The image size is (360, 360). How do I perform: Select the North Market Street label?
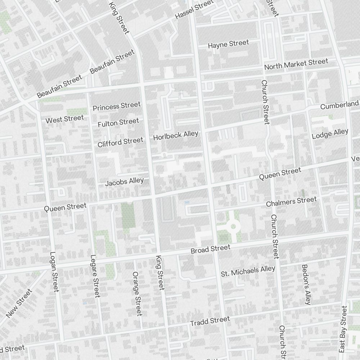(x=296, y=64)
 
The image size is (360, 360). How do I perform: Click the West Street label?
(x=64, y=118)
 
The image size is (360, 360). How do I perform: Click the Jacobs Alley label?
(x=124, y=182)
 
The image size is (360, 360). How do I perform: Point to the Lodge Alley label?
(x=330, y=134)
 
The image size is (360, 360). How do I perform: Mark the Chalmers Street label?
(x=291, y=202)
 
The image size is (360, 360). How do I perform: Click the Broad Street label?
(x=210, y=249)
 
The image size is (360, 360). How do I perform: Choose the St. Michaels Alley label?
(x=248, y=271)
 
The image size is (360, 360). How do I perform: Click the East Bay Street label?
(x=343, y=329)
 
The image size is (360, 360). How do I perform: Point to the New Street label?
(x=19, y=303)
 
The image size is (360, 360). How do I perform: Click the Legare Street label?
(x=95, y=276)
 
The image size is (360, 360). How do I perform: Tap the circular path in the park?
(x=233, y=226)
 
